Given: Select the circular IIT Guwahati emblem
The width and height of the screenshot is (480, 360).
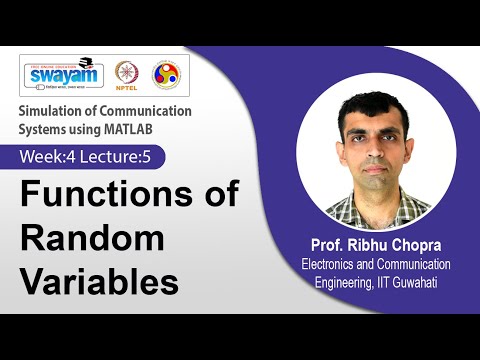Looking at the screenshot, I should pyautogui.click(x=165, y=75).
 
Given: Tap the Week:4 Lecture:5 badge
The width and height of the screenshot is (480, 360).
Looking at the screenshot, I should pyautogui.click(x=91, y=157).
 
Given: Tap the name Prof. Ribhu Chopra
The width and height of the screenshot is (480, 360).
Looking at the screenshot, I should pyautogui.click(x=376, y=246).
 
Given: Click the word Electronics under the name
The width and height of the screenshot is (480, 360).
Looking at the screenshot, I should pyautogui.click(x=334, y=264).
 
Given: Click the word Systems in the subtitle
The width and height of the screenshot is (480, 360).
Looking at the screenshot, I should pyautogui.click(x=44, y=128).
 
